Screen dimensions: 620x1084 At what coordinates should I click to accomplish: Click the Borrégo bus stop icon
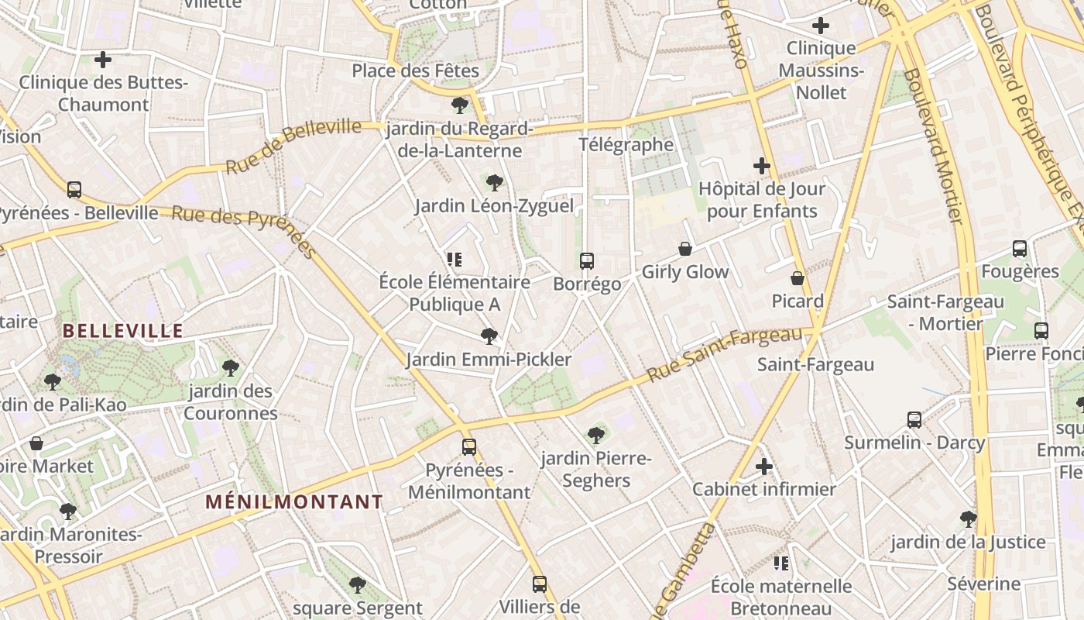(x=587, y=261)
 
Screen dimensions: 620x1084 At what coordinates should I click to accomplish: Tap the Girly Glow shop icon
(x=685, y=249)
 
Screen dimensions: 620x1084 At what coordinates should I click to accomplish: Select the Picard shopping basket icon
(x=798, y=278)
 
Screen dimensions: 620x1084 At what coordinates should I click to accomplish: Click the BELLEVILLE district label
(x=122, y=332)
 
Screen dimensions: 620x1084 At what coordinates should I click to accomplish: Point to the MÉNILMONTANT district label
(x=294, y=502)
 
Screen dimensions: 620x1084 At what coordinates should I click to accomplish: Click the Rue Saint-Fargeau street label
(x=724, y=354)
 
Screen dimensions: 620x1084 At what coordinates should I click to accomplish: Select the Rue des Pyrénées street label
(x=244, y=231)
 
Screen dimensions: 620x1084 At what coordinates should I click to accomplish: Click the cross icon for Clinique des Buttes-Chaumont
(x=103, y=60)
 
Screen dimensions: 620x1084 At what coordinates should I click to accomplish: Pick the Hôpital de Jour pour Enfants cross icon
(x=762, y=166)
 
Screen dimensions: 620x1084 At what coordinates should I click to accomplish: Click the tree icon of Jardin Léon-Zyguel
(x=494, y=183)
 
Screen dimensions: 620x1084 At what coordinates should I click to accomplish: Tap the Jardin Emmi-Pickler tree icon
(x=489, y=336)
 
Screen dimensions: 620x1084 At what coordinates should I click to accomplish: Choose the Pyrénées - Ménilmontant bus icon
(x=469, y=447)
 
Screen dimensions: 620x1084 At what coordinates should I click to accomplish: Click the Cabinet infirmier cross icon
(x=764, y=467)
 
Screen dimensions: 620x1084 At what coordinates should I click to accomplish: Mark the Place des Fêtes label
(x=416, y=71)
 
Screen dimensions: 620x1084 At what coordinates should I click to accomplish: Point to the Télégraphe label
(x=626, y=145)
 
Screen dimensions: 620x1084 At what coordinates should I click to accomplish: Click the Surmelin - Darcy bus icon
(x=914, y=420)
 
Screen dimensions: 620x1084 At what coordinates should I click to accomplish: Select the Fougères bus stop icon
(x=1020, y=249)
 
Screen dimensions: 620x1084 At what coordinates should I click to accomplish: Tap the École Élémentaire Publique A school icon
(x=455, y=260)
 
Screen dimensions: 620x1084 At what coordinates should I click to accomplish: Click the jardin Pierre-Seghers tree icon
(x=596, y=436)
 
